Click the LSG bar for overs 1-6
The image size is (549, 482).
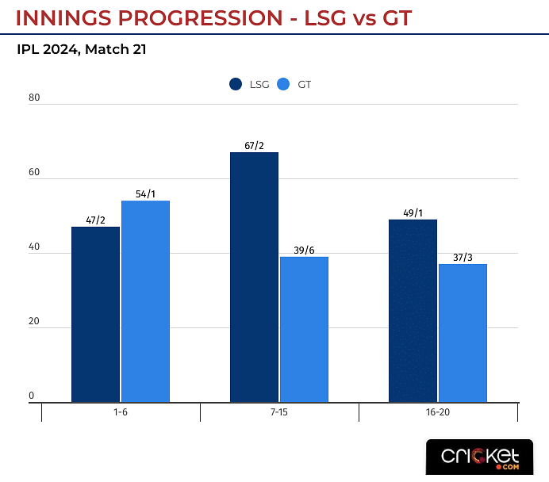[95, 314]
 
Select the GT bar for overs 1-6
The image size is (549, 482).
[145, 301]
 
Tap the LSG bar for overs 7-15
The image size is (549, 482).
[254, 277]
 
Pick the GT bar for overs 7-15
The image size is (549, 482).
[304, 329]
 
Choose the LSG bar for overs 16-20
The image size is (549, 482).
[413, 310]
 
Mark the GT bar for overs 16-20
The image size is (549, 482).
[463, 333]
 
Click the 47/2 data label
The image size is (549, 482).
[95, 220]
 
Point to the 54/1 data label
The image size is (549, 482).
[146, 194]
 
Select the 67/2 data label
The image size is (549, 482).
[254, 146]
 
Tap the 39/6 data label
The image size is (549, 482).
[305, 251]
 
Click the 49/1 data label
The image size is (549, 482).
[413, 213]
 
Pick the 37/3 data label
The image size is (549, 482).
[463, 258]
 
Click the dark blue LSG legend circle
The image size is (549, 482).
[236, 84]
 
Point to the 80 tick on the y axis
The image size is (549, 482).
[34, 98]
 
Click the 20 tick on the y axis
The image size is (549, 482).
[34, 322]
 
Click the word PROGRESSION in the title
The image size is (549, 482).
[198, 17]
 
